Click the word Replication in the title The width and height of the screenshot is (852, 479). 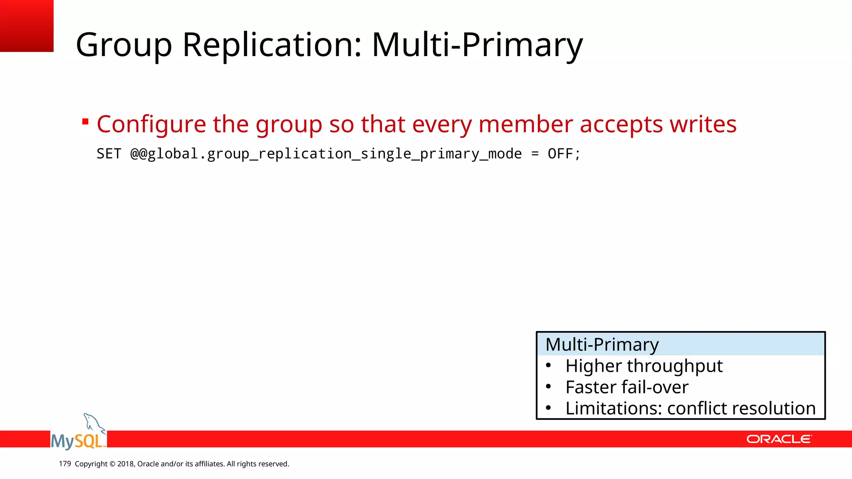click(272, 45)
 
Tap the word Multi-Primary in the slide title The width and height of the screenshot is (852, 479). click(477, 45)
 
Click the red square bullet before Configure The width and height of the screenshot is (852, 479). click(85, 122)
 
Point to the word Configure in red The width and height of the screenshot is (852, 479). click(151, 125)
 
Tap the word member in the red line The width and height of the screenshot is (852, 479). click(525, 124)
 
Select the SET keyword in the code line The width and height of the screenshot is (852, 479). click(109, 154)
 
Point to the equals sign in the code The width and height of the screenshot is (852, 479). click(535, 154)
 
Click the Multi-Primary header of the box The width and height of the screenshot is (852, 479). click(602, 344)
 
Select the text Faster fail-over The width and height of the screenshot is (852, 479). click(627, 387)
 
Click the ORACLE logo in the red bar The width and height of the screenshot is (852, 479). click(779, 439)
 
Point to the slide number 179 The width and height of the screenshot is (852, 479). click(65, 464)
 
